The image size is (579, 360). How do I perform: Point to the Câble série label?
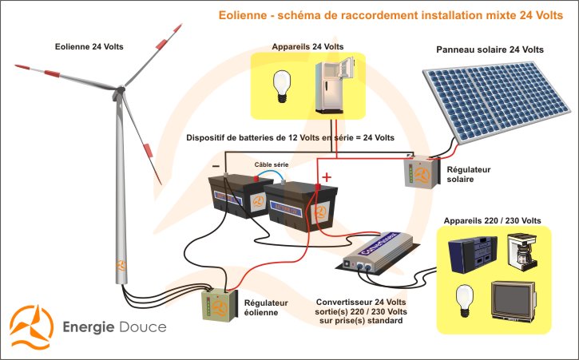coord(271,164)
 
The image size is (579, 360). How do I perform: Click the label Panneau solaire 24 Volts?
coord(490,49)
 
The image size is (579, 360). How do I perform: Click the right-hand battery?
coord(295,207)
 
